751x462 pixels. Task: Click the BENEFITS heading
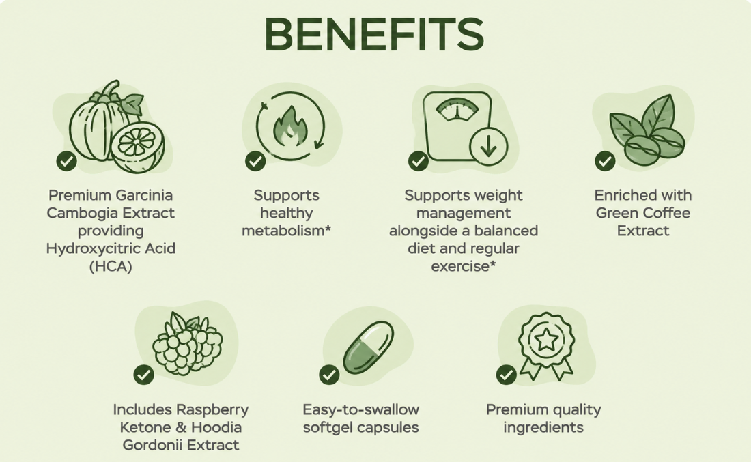point(374,35)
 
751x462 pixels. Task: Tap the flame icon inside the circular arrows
point(290,126)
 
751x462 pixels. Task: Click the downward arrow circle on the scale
point(488,146)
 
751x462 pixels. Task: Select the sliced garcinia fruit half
point(138,147)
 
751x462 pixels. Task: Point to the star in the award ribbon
point(546,341)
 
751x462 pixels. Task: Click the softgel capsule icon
point(368,347)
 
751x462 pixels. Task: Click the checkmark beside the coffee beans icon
point(605,161)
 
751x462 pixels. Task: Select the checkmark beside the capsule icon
point(329,375)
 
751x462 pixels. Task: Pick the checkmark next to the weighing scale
point(418,161)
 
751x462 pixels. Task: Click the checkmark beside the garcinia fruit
point(67,161)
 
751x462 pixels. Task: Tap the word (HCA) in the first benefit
point(111,266)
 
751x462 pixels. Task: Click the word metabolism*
point(287,231)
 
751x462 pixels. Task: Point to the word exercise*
point(463,266)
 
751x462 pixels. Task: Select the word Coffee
point(667,212)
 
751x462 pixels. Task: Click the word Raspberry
point(212,410)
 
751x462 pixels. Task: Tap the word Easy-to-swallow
point(360,410)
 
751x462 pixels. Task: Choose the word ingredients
point(543,427)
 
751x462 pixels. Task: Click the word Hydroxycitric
point(85,249)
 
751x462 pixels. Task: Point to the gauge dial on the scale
point(457,109)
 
